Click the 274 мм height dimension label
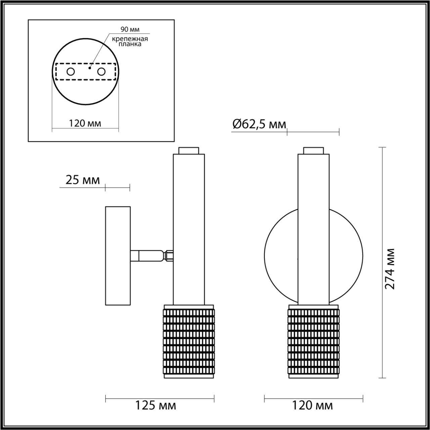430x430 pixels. pos(390,269)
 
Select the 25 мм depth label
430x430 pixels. pos(83,180)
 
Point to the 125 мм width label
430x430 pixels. pos(155,405)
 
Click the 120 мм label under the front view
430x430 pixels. pos(312,405)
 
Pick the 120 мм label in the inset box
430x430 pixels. pos(85,123)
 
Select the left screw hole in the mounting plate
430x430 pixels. pos(71,72)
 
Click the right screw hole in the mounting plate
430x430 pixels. pos(101,72)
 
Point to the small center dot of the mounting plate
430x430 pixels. pos(89,68)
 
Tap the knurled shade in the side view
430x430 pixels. pos(189,341)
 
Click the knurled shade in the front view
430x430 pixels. pos(313,341)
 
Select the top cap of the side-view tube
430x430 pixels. pos(188,150)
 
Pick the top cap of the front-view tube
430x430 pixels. pos(313,150)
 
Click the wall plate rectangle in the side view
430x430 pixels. pos(118,256)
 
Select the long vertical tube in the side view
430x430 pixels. pos(188,228)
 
